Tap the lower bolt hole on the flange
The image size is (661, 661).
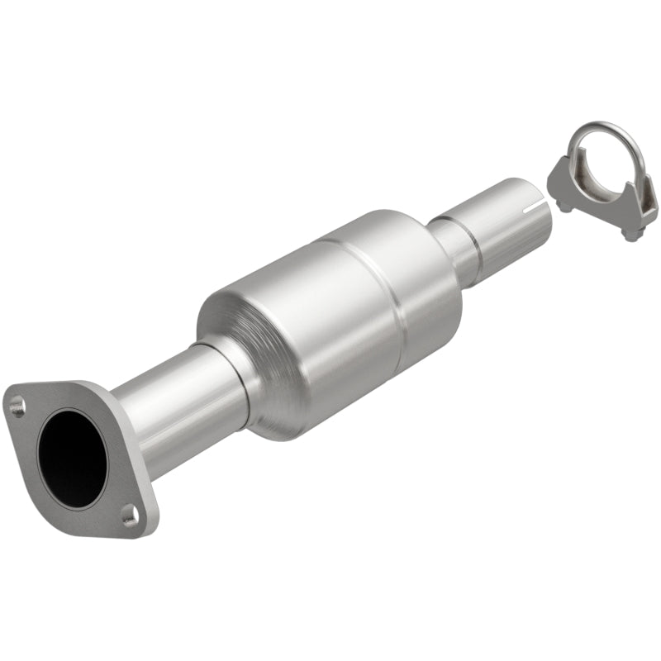[x=129, y=516]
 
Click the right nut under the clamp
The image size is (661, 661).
[x=632, y=235]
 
